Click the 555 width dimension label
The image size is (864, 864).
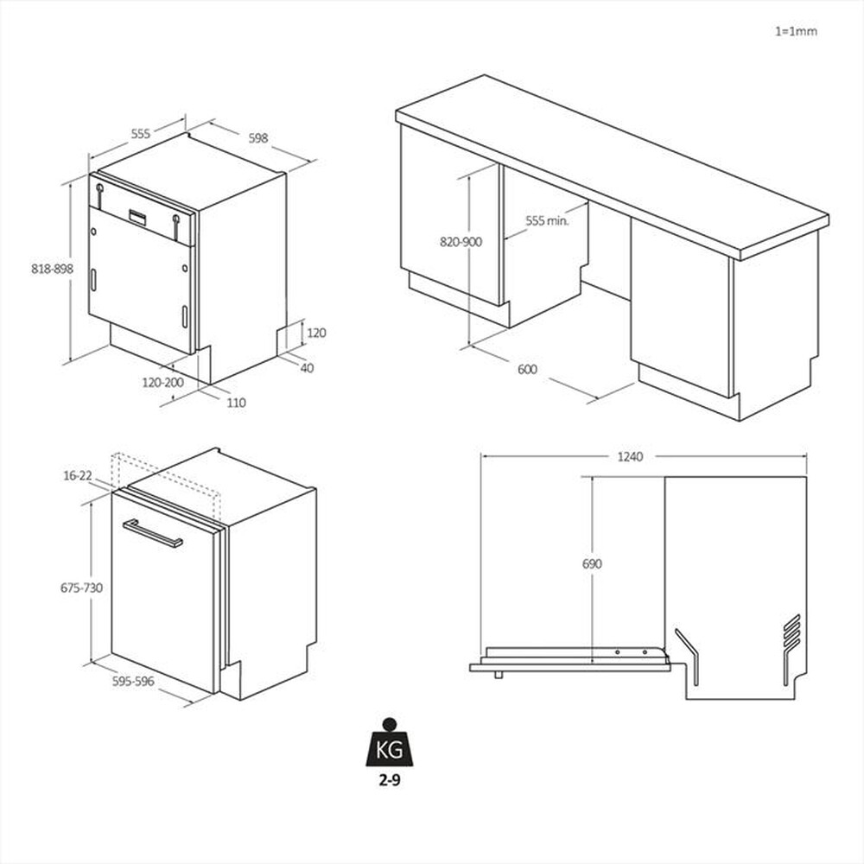point(141,134)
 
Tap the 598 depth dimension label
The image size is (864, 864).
point(257,137)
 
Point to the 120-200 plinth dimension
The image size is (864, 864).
point(163,381)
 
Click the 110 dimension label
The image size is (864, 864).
point(236,403)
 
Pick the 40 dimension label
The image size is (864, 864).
point(307,368)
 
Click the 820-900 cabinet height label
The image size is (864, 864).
point(461,242)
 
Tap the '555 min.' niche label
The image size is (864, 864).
point(546,221)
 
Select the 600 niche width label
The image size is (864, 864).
point(527,370)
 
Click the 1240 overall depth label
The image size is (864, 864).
point(642,456)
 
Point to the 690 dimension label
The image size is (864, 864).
point(592,564)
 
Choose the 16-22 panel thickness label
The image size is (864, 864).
point(78,475)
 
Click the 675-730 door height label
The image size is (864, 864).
point(81,588)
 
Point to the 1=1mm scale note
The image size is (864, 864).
point(796,31)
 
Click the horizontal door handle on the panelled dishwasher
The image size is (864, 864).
point(153,534)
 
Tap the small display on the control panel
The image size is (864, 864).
point(139,217)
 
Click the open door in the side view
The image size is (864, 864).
point(570,661)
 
